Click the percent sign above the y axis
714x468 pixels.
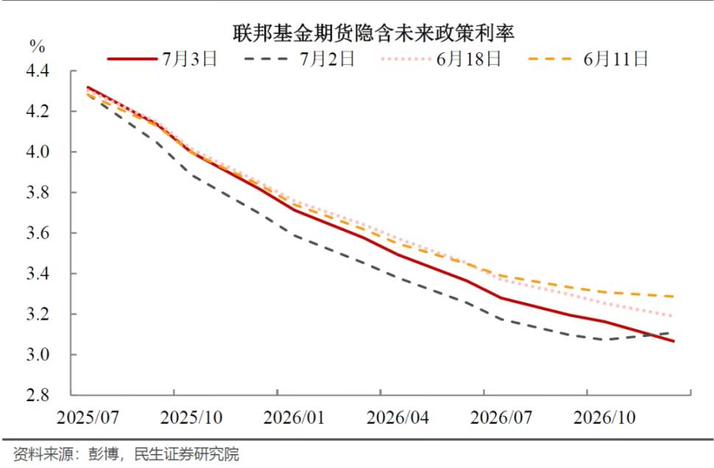[x=37, y=46]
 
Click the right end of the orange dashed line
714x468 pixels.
[x=674, y=297]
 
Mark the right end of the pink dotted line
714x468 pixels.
[x=674, y=316]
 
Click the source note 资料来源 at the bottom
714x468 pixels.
[x=126, y=453]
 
